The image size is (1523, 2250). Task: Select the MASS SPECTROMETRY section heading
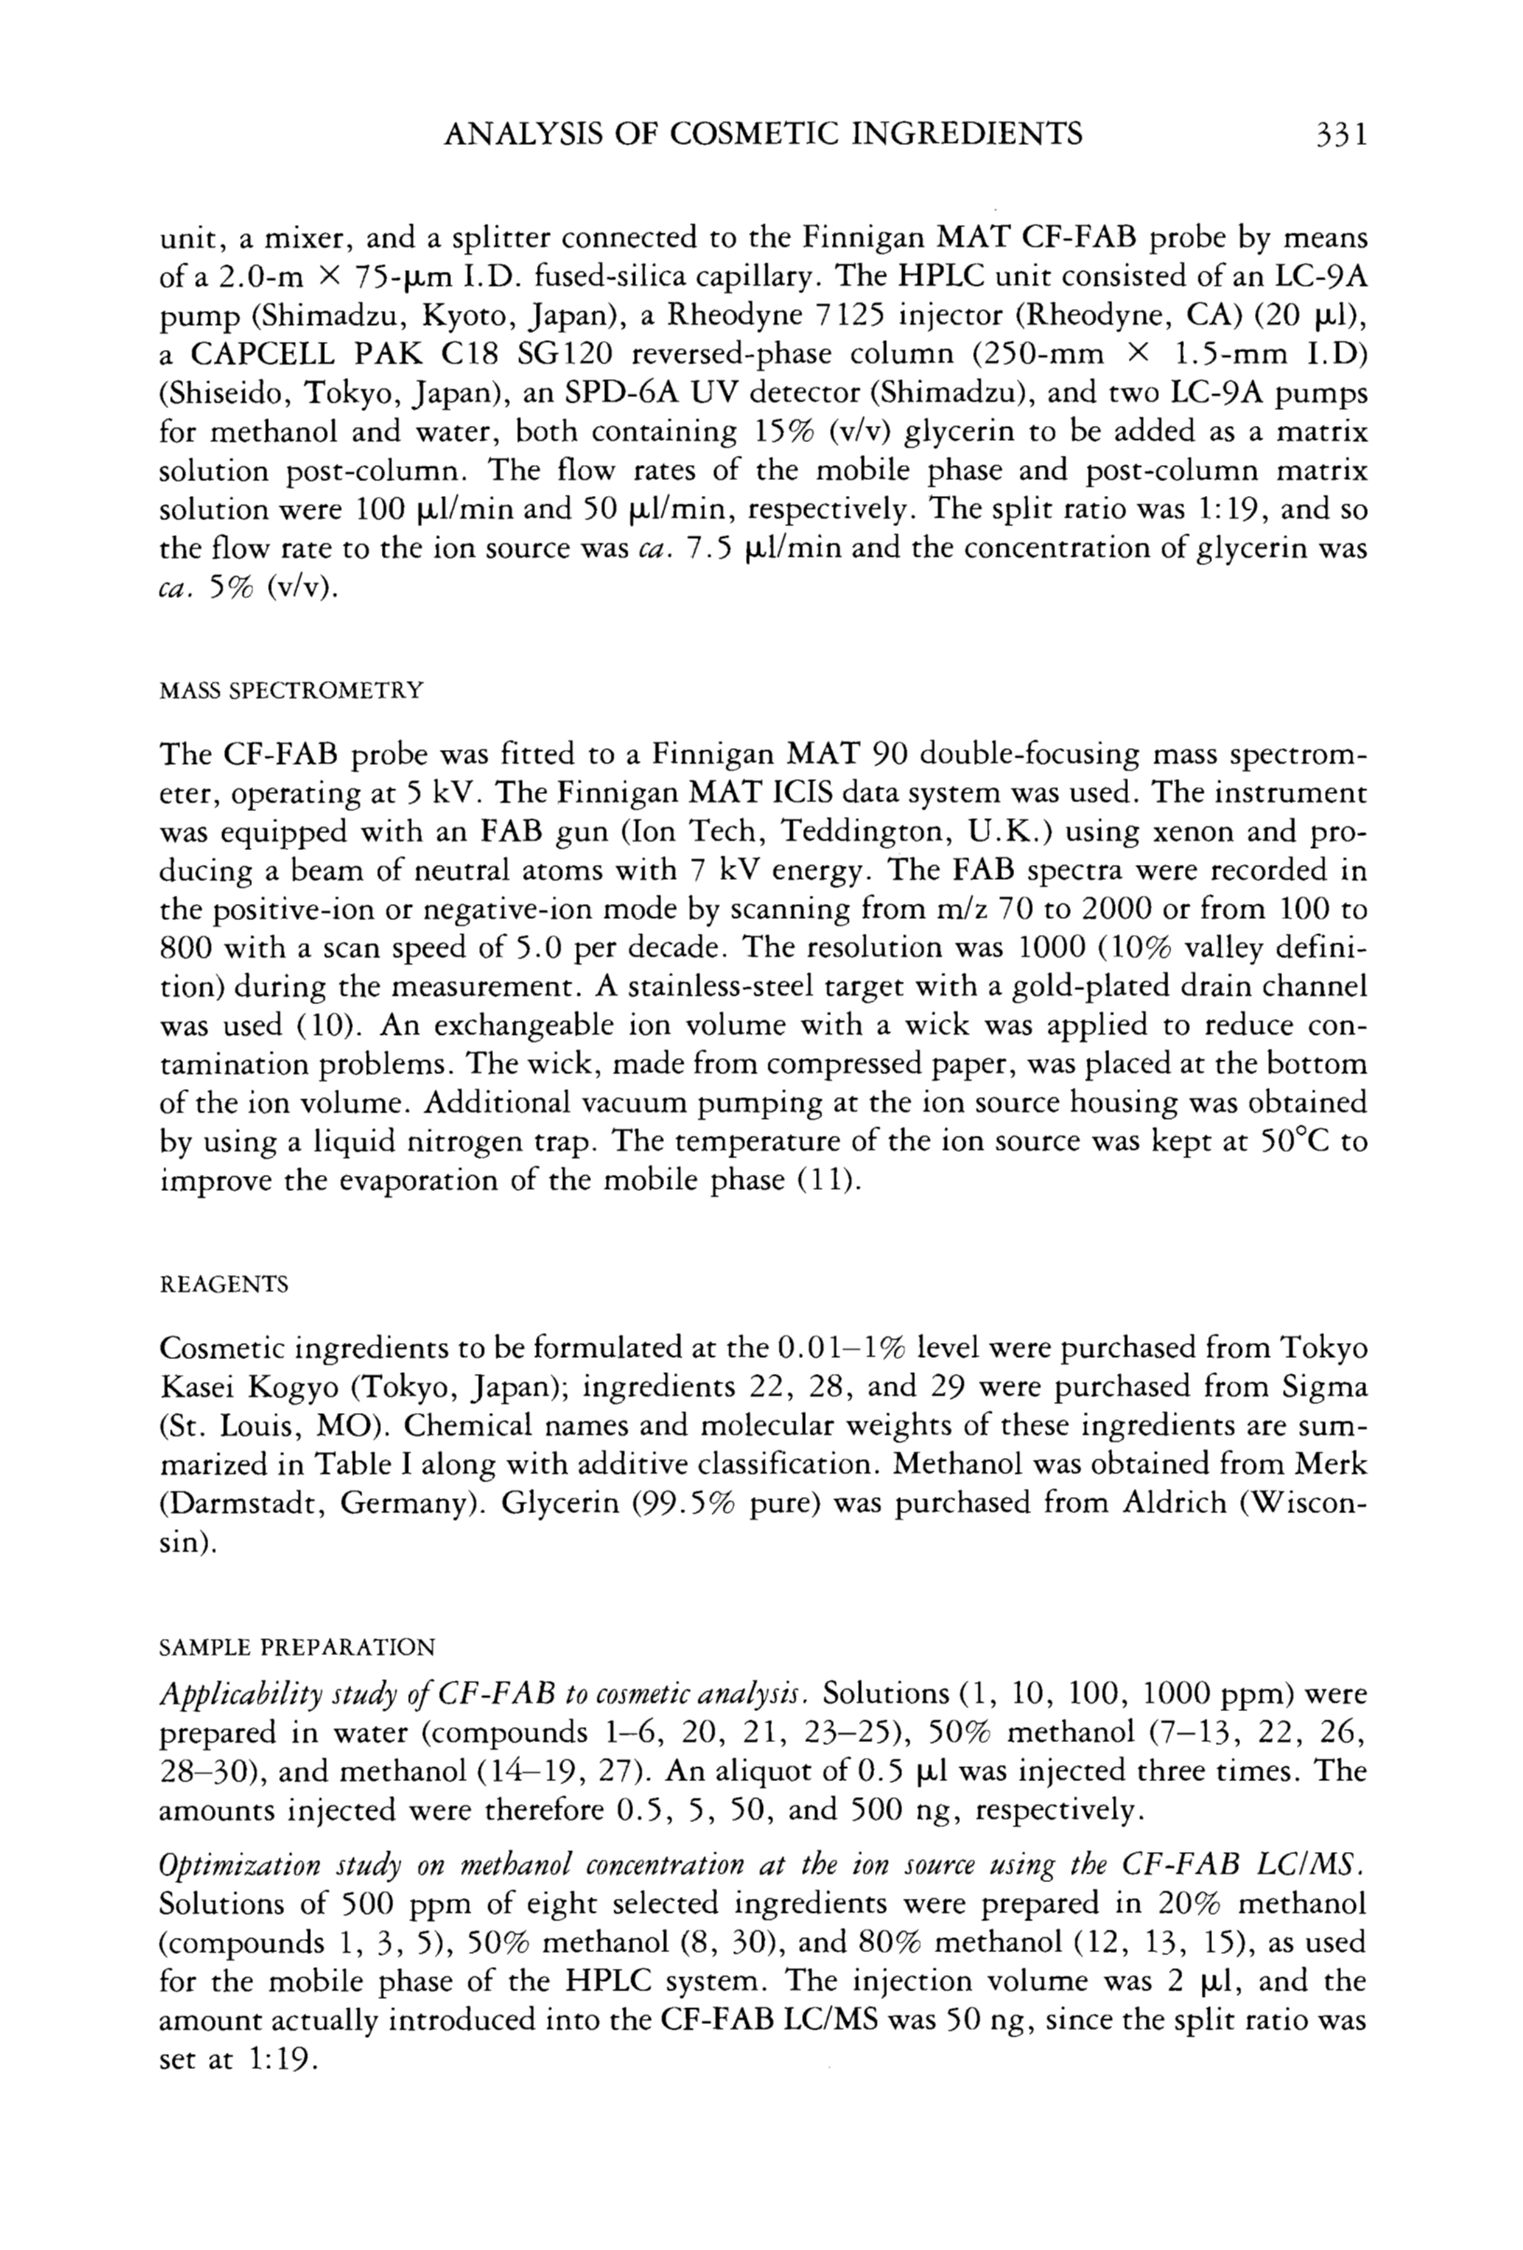pyautogui.click(x=291, y=690)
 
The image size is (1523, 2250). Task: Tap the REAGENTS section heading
pyautogui.click(x=224, y=1285)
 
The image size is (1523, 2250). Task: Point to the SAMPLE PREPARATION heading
pyautogui.click(x=297, y=1647)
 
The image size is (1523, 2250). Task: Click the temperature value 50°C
pyautogui.click(x=1295, y=1141)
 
